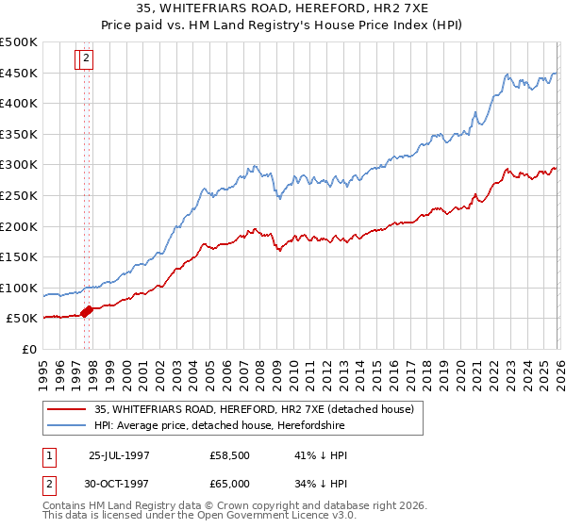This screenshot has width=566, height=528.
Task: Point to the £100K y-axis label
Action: tap(19, 288)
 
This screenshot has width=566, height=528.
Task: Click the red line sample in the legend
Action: tap(68, 409)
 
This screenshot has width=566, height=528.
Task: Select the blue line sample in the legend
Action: tap(68, 426)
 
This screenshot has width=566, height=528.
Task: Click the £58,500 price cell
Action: tap(229, 455)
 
